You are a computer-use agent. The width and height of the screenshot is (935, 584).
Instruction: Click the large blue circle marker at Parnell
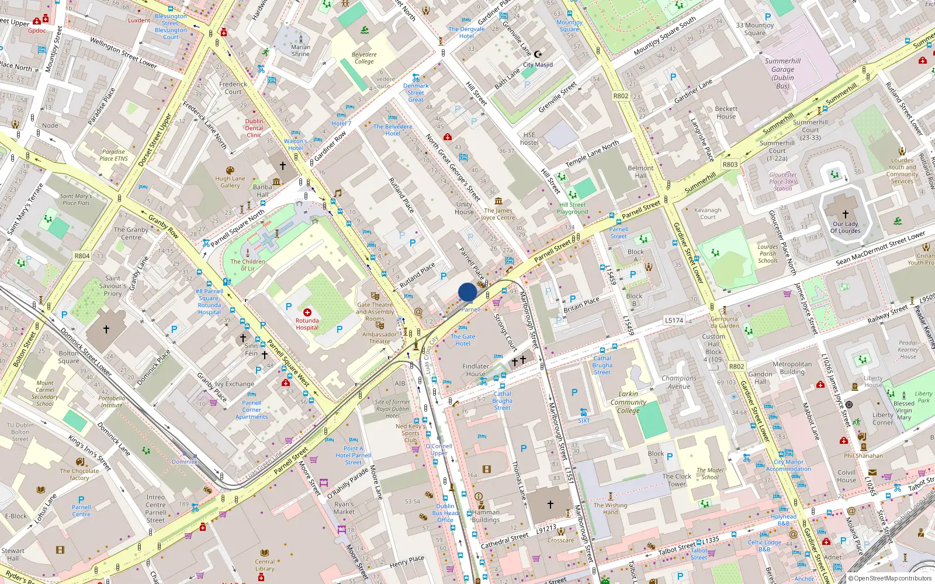tap(467, 292)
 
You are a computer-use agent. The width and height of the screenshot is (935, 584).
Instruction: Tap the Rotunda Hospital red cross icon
tap(307, 312)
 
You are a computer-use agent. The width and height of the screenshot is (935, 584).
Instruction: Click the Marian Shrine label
tap(300, 51)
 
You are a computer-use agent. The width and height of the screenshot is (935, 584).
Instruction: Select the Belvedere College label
tap(364, 58)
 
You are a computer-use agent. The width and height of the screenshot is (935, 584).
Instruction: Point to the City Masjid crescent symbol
tap(538, 54)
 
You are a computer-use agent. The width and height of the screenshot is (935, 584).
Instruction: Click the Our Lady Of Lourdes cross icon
tap(845, 214)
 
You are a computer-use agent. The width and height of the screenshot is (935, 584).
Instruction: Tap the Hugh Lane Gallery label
tap(230, 182)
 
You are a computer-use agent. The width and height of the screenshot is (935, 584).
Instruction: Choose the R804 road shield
tap(82, 256)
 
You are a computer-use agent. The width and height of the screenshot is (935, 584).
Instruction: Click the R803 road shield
tap(730, 165)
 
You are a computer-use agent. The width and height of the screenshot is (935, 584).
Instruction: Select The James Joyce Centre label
tap(498, 214)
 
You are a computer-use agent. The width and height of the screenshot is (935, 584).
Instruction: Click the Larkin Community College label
tap(628, 402)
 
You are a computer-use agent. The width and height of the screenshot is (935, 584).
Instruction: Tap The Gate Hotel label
tap(463, 340)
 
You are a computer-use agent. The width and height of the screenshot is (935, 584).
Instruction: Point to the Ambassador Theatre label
tap(379, 338)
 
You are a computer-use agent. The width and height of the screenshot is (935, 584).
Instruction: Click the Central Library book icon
tap(265, 552)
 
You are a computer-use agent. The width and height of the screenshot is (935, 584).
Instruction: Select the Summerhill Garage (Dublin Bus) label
tap(782, 73)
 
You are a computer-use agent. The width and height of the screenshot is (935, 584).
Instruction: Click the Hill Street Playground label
tap(573, 208)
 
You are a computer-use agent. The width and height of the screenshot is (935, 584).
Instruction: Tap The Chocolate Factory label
tap(79, 474)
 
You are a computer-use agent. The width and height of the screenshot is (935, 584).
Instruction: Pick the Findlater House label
tap(476, 370)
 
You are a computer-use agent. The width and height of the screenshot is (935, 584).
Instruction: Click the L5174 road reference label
tap(674, 320)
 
